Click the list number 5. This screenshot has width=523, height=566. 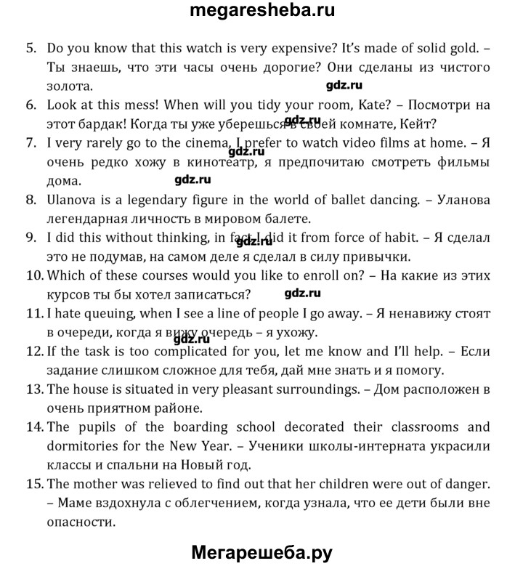tap(31, 49)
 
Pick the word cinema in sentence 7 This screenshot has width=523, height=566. tap(172, 142)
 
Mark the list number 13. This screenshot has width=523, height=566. tap(35, 389)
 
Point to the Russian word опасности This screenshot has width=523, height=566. tap(81, 521)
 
